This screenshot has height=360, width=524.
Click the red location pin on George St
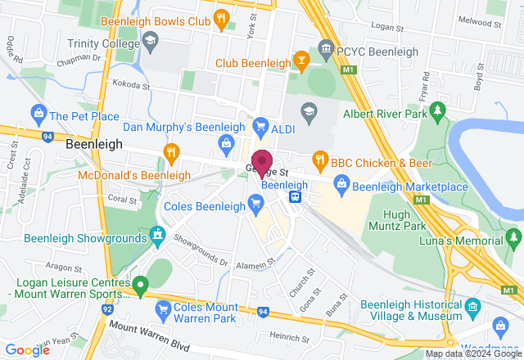coord(262,162)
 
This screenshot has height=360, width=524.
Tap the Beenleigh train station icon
coord(295,196)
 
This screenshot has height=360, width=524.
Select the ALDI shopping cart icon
coord(260,126)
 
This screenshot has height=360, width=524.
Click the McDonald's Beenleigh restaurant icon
coord(170,151)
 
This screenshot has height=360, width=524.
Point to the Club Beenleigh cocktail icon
coord(303,62)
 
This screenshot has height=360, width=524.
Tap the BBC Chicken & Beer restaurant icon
coord(320,159)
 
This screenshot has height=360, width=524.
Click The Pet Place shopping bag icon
coord(38,116)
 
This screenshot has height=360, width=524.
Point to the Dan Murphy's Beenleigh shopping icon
coord(225,143)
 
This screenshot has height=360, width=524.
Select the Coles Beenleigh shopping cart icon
coord(256,205)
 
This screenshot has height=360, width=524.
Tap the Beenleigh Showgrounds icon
coord(157,236)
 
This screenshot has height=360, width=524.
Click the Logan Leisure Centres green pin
coord(140,286)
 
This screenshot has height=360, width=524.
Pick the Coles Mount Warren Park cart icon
coord(161,308)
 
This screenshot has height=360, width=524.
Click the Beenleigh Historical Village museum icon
coord(472,308)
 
